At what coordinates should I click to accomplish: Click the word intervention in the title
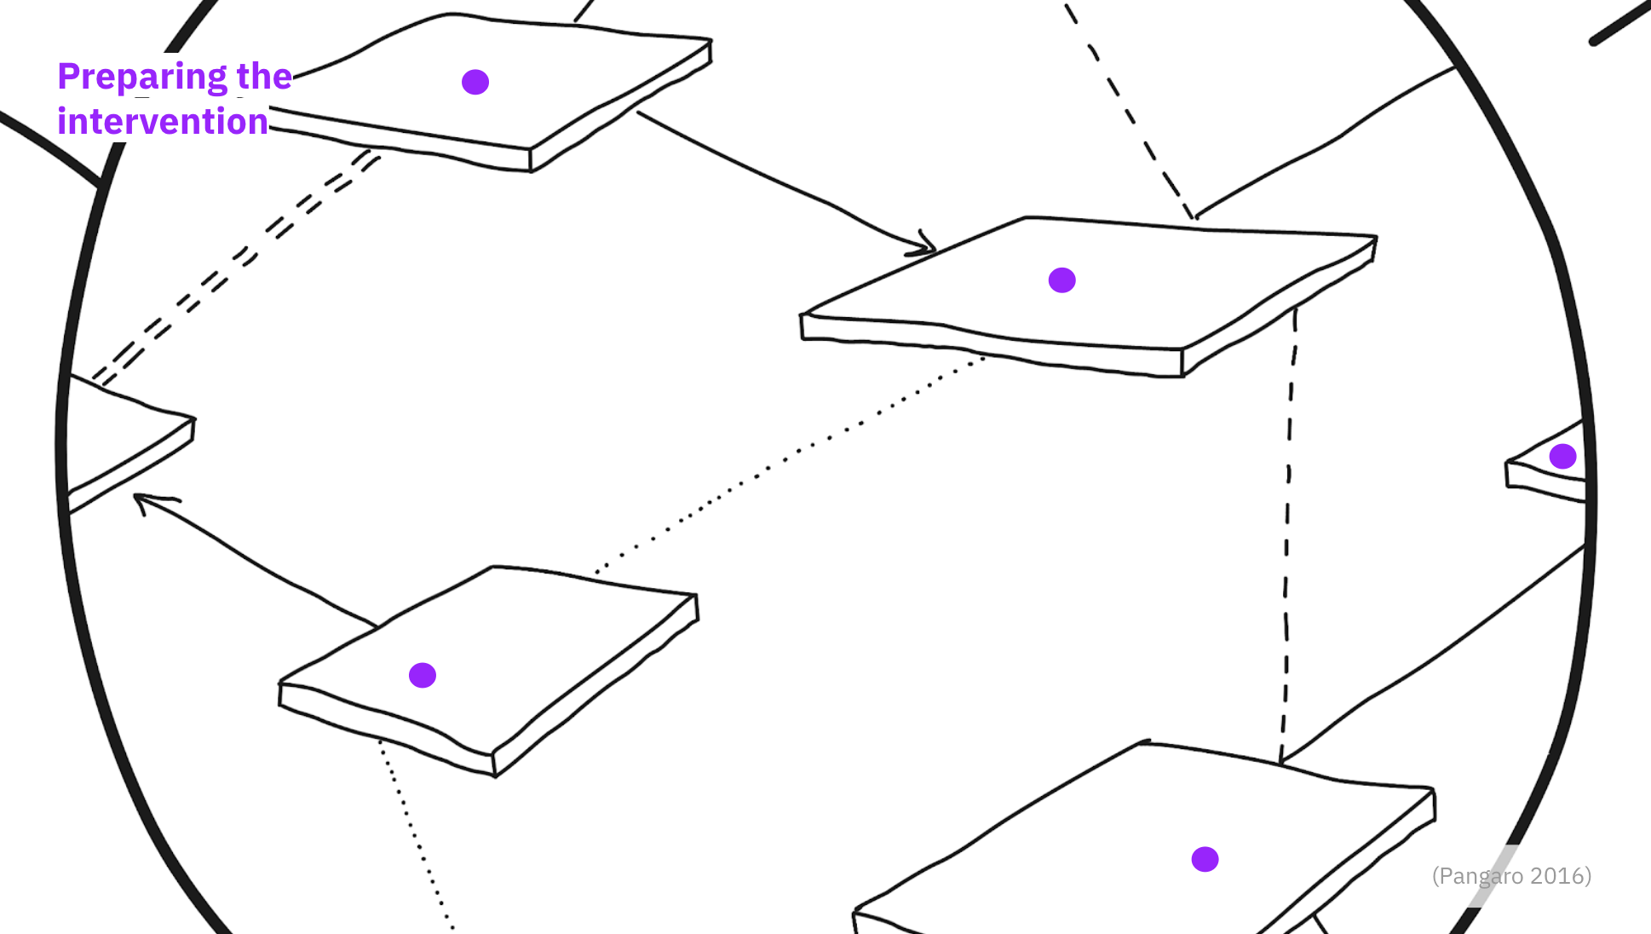[163, 122]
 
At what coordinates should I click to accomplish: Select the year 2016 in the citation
[1557, 876]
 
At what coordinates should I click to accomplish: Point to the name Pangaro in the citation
[1481, 877]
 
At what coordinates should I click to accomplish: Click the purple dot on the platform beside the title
[475, 82]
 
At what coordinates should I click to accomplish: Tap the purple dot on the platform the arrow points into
[1061, 280]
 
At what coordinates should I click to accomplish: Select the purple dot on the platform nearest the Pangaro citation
[1205, 859]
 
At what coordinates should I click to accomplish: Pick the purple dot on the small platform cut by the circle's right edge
[1562, 456]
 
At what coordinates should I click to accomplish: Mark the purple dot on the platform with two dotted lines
[423, 675]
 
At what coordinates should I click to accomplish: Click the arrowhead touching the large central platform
[924, 245]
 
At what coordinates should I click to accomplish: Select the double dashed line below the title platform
[234, 266]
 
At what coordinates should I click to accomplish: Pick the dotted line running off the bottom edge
[415, 834]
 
